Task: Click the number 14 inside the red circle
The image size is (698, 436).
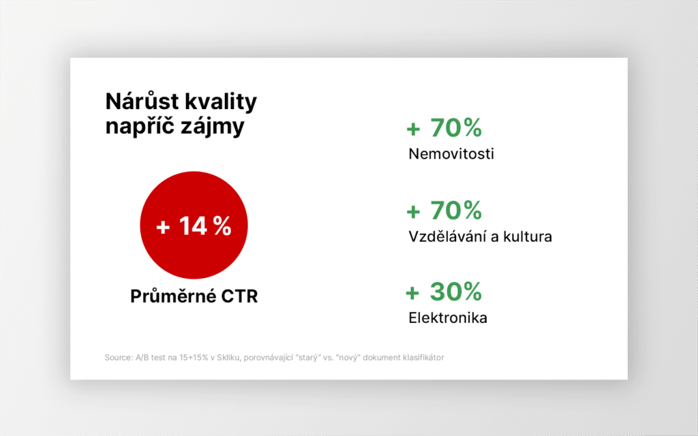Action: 193,225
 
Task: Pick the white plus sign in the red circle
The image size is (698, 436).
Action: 163,228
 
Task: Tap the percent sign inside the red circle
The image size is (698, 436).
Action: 222,225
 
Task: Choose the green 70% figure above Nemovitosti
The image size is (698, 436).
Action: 456,127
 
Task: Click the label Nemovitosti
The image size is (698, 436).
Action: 451,154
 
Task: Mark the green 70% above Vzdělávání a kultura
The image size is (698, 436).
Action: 456,210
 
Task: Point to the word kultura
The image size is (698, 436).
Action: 528,236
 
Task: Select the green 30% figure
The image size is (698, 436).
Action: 456,292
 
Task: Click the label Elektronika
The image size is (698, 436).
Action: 448,317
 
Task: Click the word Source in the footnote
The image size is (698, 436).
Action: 119,357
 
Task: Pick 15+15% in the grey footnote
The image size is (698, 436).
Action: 194,357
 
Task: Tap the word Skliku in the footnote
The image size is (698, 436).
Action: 228,357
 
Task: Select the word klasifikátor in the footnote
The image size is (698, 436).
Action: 423,357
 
